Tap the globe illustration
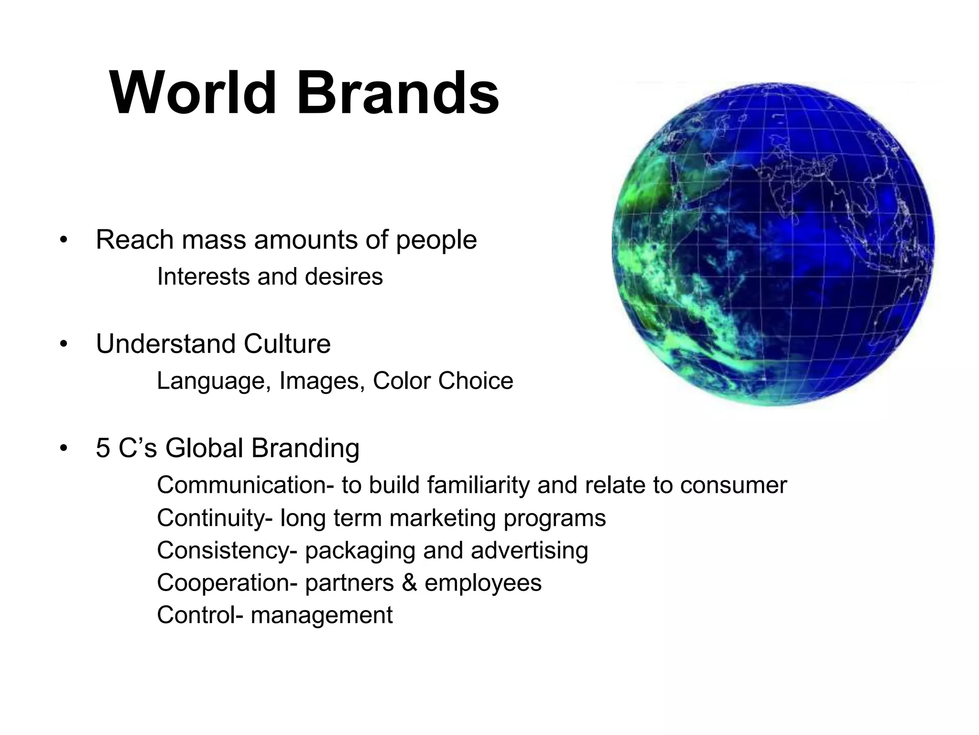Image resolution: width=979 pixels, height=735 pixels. (x=773, y=244)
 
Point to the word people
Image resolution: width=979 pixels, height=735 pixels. (x=436, y=241)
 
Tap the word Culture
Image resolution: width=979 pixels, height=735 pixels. (x=287, y=344)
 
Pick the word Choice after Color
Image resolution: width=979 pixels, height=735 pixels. (x=475, y=381)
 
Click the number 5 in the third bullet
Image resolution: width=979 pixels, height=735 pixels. (x=103, y=448)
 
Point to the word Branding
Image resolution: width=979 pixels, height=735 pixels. (x=305, y=449)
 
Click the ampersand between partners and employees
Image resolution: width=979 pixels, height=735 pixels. (x=409, y=583)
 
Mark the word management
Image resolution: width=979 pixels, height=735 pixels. (x=321, y=615)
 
